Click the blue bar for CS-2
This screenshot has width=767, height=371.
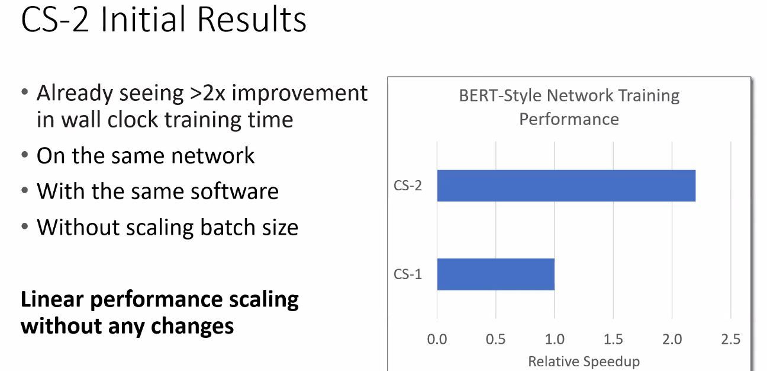tap(566, 185)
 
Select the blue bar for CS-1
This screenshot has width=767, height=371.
tap(496, 274)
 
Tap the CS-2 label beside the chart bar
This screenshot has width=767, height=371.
tap(407, 185)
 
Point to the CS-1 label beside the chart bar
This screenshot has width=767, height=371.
tap(407, 274)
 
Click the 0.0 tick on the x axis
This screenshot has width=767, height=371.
tap(437, 339)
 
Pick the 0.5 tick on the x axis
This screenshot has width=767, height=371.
tap(495, 339)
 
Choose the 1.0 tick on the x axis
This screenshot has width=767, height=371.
tap(555, 339)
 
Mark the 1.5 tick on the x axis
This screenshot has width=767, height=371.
tap(613, 339)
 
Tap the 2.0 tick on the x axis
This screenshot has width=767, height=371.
tap(672, 339)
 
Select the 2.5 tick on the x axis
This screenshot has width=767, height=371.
tap(731, 339)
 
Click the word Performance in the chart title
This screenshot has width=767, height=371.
tap(569, 119)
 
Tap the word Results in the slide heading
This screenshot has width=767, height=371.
tap(252, 20)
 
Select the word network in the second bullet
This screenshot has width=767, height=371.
tap(212, 156)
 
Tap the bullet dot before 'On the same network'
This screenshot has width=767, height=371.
tap(25, 155)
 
